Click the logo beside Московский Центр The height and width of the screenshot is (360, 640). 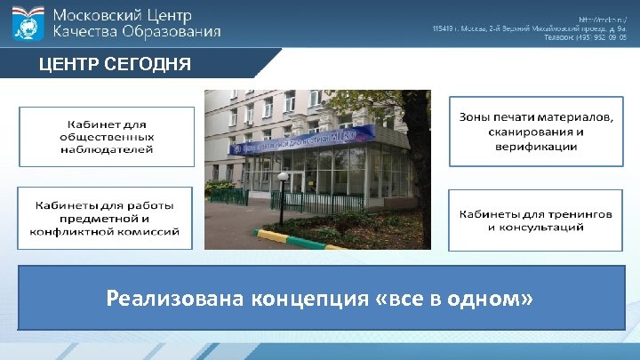29,23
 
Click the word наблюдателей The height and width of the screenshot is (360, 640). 107,149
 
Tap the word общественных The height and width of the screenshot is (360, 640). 107,137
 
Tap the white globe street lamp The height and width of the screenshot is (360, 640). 283,177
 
